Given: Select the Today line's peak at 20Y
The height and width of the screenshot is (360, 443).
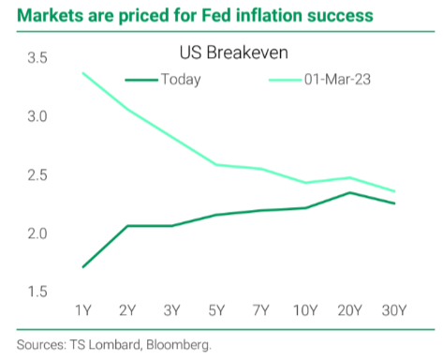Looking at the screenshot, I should point(349,193).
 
